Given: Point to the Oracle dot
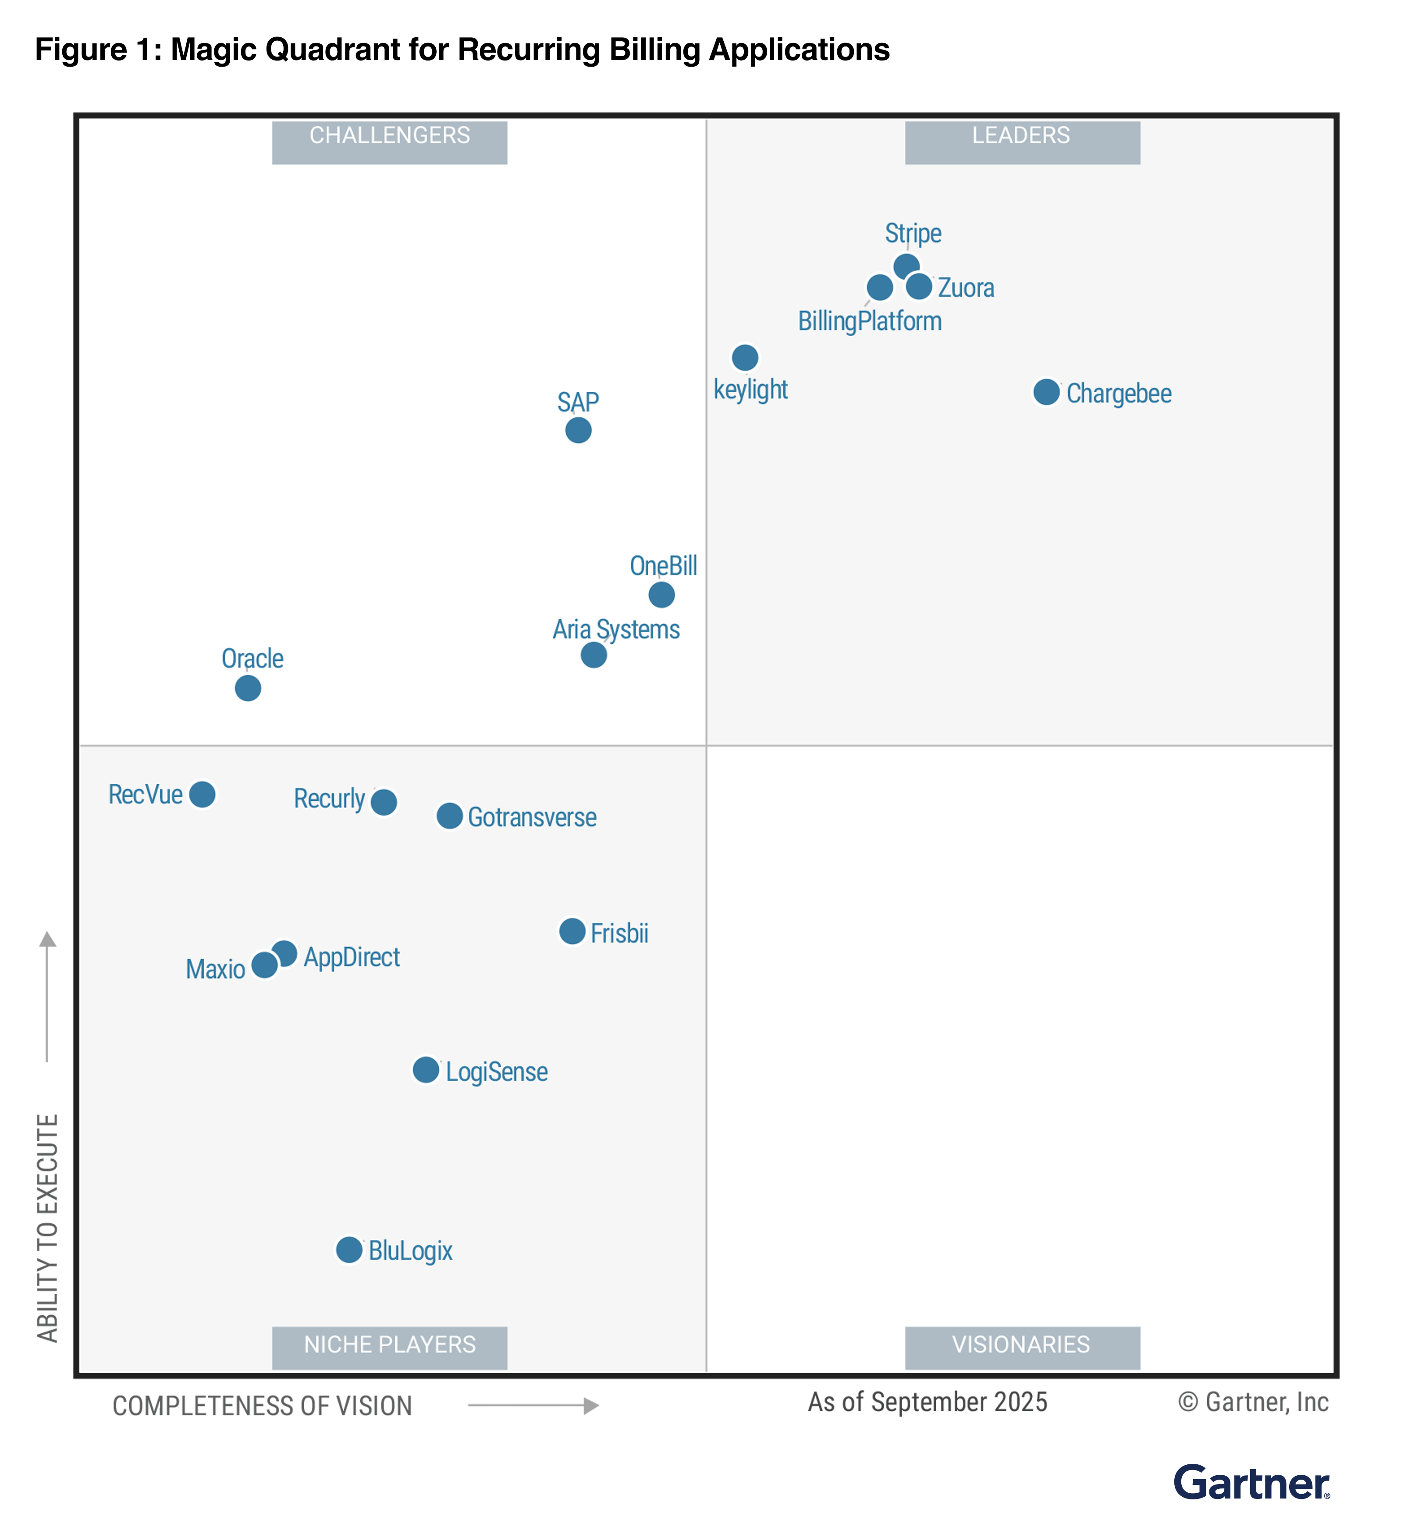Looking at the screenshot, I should point(247,688).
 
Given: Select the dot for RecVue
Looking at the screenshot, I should point(202,794).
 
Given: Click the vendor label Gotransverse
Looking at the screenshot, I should point(532,817).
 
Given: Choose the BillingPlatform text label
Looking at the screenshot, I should point(869,321).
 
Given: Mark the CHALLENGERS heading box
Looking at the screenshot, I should point(390,142).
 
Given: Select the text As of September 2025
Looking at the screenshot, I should point(927,1402).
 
